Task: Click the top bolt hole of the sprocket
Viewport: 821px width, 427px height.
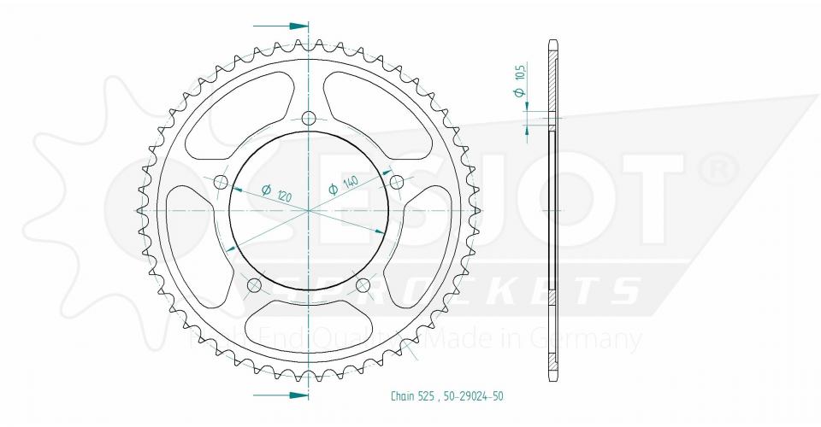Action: (x=309, y=118)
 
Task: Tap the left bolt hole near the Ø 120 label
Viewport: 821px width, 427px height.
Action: (x=221, y=181)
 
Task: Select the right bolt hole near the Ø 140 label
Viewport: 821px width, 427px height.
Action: (x=396, y=182)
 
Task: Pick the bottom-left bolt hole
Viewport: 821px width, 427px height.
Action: (x=254, y=284)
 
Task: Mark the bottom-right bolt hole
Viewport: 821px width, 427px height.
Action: (x=363, y=284)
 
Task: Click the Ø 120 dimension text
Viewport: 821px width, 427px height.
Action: (x=275, y=193)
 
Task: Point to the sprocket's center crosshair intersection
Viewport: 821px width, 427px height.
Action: (x=309, y=210)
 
